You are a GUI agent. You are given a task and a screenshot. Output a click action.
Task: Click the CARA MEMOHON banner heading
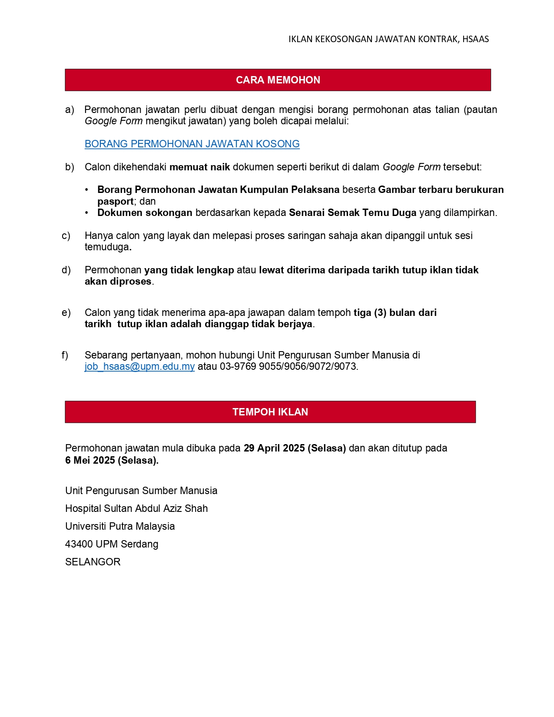click(x=278, y=80)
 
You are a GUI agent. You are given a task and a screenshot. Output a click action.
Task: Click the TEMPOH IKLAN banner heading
click(x=270, y=412)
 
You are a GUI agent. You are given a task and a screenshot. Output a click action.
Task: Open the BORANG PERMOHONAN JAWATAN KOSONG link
click(x=192, y=144)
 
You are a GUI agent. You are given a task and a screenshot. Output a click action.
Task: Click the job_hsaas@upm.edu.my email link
click(x=139, y=366)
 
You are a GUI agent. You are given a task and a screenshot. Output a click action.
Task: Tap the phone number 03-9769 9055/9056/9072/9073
click(x=288, y=366)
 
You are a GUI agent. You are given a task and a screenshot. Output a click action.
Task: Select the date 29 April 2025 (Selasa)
click(x=295, y=448)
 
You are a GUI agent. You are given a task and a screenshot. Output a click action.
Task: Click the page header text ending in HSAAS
click(x=388, y=39)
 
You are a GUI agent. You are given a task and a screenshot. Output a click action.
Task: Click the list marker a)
click(x=70, y=110)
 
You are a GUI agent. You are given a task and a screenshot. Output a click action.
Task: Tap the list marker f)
click(x=65, y=355)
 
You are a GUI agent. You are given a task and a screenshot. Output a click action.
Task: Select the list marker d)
click(x=66, y=270)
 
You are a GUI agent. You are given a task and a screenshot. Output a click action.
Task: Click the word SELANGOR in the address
click(x=93, y=562)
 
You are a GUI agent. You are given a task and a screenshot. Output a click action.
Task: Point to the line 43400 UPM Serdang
click(x=112, y=544)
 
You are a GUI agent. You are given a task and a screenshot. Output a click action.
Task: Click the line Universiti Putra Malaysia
click(x=120, y=526)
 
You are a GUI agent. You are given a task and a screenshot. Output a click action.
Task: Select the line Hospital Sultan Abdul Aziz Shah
click(x=136, y=508)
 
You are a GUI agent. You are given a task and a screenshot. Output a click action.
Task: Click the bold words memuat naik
click(x=199, y=167)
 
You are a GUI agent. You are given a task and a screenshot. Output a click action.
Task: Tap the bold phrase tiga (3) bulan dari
click(x=395, y=312)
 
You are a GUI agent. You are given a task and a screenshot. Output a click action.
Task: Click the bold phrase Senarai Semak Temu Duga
click(x=352, y=212)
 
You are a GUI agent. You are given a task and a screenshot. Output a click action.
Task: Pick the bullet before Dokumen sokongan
click(x=87, y=212)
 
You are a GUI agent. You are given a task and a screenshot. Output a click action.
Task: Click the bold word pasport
click(x=115, y=201)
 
